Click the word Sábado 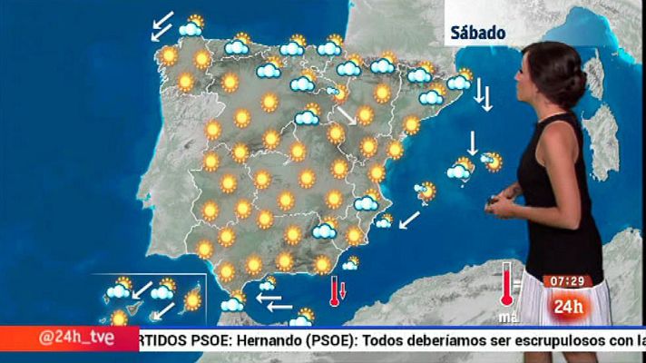(477, 33)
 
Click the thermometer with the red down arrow (337, 291)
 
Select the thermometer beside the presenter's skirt (506, 285)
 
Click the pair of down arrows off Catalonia (484, 95)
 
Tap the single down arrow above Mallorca (472, 143)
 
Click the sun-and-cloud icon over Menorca (493, 162)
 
